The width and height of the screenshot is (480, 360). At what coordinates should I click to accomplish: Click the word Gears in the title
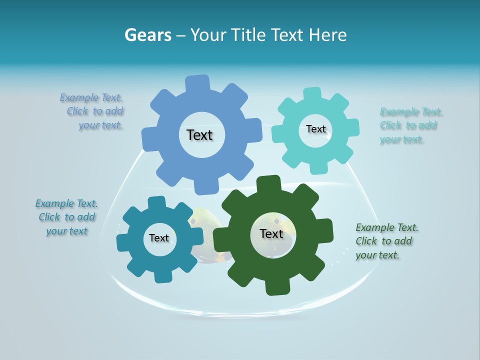tap(148, 35)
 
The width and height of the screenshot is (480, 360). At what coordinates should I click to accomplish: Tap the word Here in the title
tap(327, 35)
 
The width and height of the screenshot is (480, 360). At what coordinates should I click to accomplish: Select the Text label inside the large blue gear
tap(199, 135)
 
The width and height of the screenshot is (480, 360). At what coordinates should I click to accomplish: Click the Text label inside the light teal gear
tap(315, 129)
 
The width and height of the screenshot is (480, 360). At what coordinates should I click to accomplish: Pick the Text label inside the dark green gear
tap(271, 233)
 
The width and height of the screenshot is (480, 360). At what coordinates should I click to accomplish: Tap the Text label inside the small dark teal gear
tap(159, 238)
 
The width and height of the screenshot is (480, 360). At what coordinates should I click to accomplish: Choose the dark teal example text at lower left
tap(66, 217)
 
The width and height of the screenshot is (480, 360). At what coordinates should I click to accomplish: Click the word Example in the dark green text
tap(375, 227)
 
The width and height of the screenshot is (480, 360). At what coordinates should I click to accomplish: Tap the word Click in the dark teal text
tap(49, 217)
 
